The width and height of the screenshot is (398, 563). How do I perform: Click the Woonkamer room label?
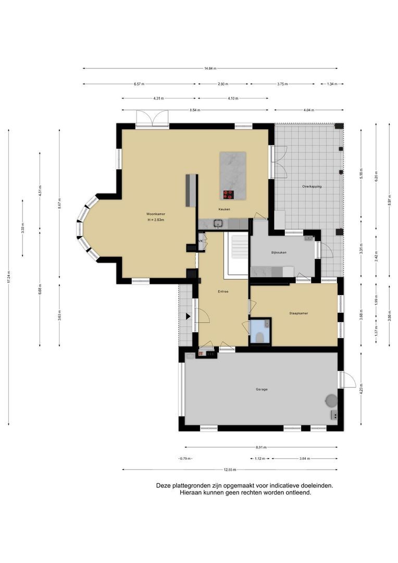156,214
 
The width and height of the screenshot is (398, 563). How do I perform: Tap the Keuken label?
224,210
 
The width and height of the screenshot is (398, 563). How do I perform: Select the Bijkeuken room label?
279,253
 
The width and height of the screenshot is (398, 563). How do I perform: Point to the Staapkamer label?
298,313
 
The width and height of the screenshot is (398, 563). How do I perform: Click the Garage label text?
262,389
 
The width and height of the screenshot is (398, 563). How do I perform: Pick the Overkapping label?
312,186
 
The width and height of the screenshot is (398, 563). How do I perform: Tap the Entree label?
223,291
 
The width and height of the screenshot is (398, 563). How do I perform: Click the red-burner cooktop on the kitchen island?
229,194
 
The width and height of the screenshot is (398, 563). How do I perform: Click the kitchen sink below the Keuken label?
218,224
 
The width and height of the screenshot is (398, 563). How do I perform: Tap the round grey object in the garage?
331,400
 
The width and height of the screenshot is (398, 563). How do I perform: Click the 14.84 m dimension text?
210,68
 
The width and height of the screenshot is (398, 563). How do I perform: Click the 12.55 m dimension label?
230,470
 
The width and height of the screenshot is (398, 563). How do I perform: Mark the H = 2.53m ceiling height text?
156,221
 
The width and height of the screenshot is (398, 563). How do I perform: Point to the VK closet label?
200,241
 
